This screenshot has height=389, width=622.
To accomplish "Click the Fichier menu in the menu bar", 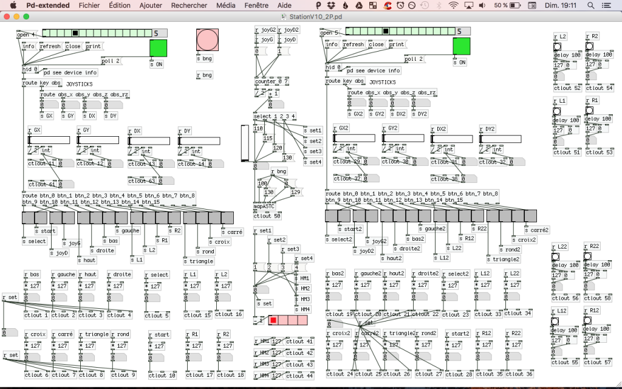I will click(x=89, y=5).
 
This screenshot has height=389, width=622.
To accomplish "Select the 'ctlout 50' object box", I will click(x=267, y=216).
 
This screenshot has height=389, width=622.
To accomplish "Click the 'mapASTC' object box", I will click(x=264, y=206).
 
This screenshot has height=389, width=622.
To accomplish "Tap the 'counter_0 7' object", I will click(x=272, y=81).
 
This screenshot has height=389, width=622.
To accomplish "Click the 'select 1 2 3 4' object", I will click(x=275, y=116).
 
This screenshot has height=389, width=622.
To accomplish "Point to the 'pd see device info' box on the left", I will click(x=70, y=72).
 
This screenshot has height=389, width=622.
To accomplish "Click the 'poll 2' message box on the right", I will click(x=414, y=59).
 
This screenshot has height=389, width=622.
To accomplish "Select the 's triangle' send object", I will click(x=199, y=261).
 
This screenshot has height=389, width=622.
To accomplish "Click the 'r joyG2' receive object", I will click(x=265, y=29).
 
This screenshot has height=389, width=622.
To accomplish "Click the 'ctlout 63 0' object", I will click(x=143, y=181).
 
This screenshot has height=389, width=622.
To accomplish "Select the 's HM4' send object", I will click(x=303, y=310).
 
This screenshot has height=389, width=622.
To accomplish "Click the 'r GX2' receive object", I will click(x=341, y=128).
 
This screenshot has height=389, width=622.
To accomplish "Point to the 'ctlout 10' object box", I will click(x=161, y=375).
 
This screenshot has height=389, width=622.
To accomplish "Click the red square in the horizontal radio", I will click(x=273, y=320).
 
